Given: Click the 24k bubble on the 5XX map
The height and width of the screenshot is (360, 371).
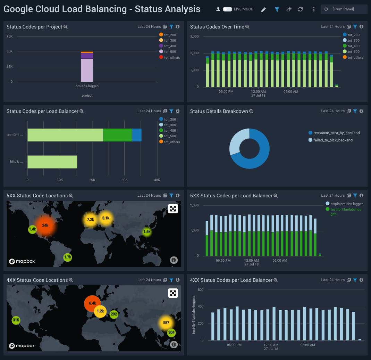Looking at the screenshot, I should (x=45, y=225).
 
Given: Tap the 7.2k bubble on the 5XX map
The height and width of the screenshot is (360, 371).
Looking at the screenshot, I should (x=91, y=220).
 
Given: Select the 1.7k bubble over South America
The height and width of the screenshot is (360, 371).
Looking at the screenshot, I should (x=68, y=257).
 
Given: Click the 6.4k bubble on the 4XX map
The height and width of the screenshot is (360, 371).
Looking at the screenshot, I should (x=92, y=303).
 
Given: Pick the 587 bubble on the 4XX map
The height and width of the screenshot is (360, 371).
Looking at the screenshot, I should (x=166, y=323).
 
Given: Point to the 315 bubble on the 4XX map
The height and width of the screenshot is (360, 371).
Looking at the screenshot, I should (x=16, y=320).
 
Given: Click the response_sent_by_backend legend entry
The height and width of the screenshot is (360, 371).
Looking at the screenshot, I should (x=336, y=133).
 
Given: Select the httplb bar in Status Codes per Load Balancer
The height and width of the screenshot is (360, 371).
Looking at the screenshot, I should (x=52, y=162).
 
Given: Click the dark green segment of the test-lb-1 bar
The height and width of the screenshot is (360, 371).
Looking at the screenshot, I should (x=117, y=135).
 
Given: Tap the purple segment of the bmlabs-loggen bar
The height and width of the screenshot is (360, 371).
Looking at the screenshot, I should (x=87, y=56).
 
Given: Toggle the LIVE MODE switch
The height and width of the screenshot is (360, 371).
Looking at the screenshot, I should (x=227, y=9).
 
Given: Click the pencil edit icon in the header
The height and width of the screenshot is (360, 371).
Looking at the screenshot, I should (x=263, y=9).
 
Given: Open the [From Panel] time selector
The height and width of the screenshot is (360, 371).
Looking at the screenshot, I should (x=344, y=9).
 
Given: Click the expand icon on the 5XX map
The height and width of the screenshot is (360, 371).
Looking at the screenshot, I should (x=173, y=208).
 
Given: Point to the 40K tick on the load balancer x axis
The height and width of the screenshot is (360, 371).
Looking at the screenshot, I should (x=157, y=180).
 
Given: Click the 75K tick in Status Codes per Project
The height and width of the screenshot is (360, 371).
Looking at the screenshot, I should (x=9, y=36).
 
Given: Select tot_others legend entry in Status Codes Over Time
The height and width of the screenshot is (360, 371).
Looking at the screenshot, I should (x=355, y=57).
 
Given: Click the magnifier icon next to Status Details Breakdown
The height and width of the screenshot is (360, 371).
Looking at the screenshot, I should (x=251, y=111).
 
